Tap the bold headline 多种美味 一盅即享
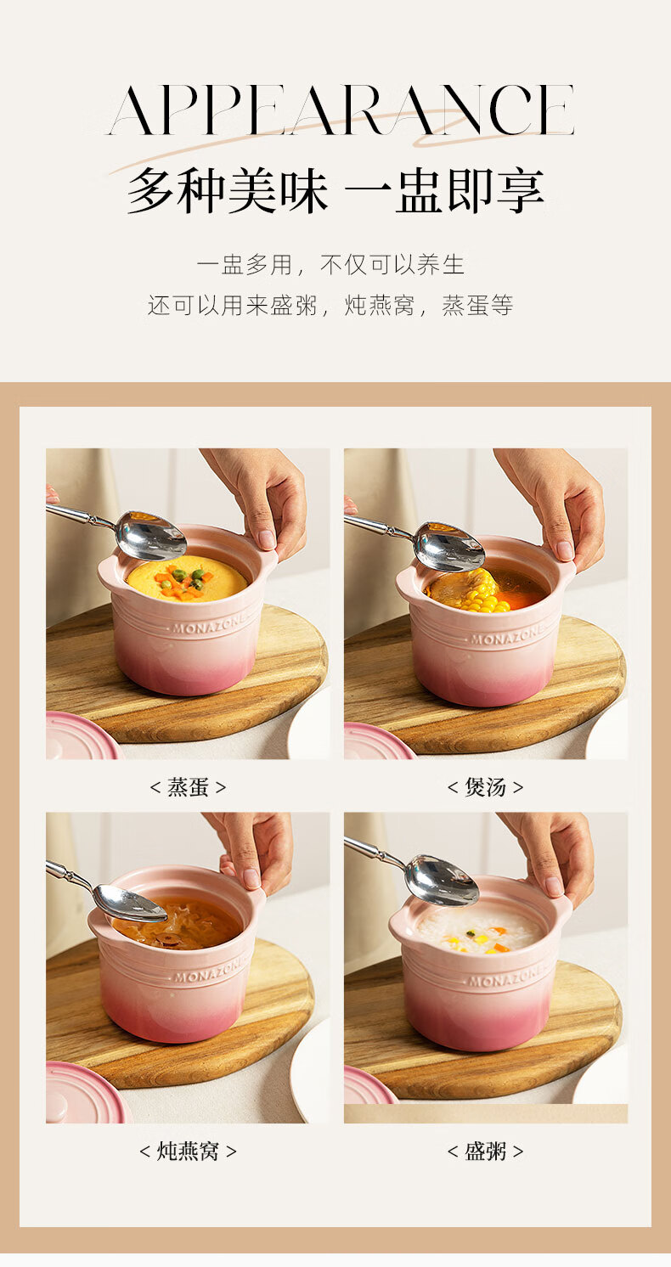pos(335,190)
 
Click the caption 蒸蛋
pos(188,787)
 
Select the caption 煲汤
pos(486,787)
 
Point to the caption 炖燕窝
pos(188,1151)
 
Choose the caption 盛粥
pos(486,1151)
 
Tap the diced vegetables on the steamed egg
pos(181,582)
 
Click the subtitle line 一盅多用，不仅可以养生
pos(330,265)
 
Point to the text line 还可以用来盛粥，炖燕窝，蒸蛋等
pos(330,306)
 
